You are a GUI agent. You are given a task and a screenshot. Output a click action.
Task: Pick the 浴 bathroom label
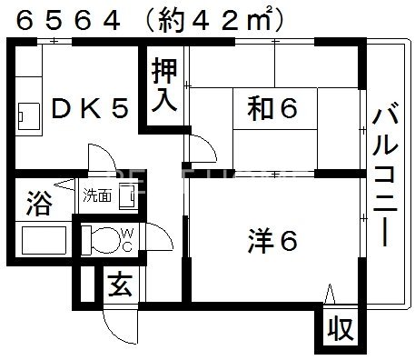coord(38,199)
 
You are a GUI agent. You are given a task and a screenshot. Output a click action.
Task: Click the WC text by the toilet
coord(127,240)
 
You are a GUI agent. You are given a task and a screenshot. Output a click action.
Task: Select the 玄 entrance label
coord(120,285)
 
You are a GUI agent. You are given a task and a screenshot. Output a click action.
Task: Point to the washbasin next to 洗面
coord(130,195)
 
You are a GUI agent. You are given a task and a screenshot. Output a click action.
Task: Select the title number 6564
coord(64,17)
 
